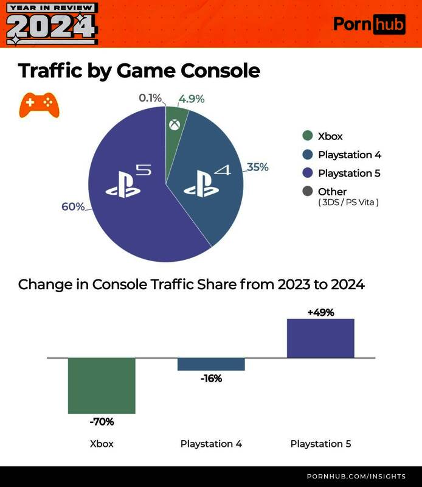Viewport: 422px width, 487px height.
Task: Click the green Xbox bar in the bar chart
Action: [102, 385]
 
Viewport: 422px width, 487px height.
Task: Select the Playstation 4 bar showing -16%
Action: [211, 364]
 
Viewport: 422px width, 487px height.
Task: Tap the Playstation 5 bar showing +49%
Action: [320, 338]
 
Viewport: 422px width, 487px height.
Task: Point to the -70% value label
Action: [102, 421]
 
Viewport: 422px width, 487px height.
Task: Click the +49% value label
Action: [320, 312]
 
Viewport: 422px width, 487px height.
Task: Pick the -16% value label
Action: [211, 379]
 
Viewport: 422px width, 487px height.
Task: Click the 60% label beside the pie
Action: [73, 207]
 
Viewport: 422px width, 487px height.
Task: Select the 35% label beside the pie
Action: [257, 167]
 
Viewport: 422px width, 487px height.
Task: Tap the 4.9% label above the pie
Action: [192, 99]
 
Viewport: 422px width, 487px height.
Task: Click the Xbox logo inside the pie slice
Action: [175, 125]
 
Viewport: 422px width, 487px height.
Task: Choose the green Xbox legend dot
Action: [307, 136]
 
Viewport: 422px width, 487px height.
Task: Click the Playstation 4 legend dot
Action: [307, 155]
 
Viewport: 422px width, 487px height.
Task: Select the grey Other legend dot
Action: [307, 192]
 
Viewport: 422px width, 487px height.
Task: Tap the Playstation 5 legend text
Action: [349, 173]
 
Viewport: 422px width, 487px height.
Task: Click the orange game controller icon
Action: [39, 105]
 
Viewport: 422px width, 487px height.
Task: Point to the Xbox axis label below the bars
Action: [102, 444]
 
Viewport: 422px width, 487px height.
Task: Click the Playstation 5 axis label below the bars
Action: [320, 444]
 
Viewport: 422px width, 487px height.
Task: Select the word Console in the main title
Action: [221, 71]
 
